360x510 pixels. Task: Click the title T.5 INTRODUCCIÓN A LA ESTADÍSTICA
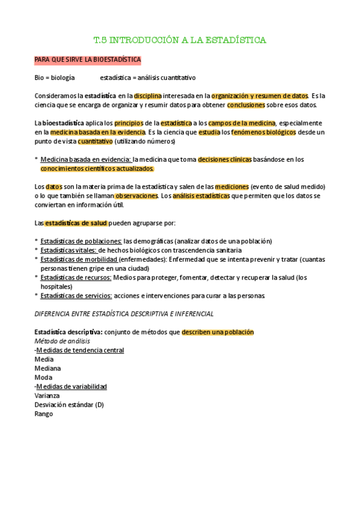[x=180, y=40]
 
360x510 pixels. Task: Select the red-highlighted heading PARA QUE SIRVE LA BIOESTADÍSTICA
[x=88, y=60]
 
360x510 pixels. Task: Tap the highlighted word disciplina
[x=148, y=96]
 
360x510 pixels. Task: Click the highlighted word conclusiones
[x=246, y=105]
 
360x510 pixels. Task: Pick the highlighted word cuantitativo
[x=95, y=141]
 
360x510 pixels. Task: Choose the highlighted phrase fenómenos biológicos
[x=263, y=132]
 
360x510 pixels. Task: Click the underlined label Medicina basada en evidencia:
[x=86, y=159]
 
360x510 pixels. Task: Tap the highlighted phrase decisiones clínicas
[x=225, y=159]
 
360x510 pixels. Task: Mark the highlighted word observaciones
[x=136, y=196]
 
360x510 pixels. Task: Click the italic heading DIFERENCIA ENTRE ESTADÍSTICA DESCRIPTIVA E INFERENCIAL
[x=124, y=313]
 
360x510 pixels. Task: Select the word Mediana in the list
[x=48, y=368]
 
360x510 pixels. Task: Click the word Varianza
[x=47, y=396]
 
